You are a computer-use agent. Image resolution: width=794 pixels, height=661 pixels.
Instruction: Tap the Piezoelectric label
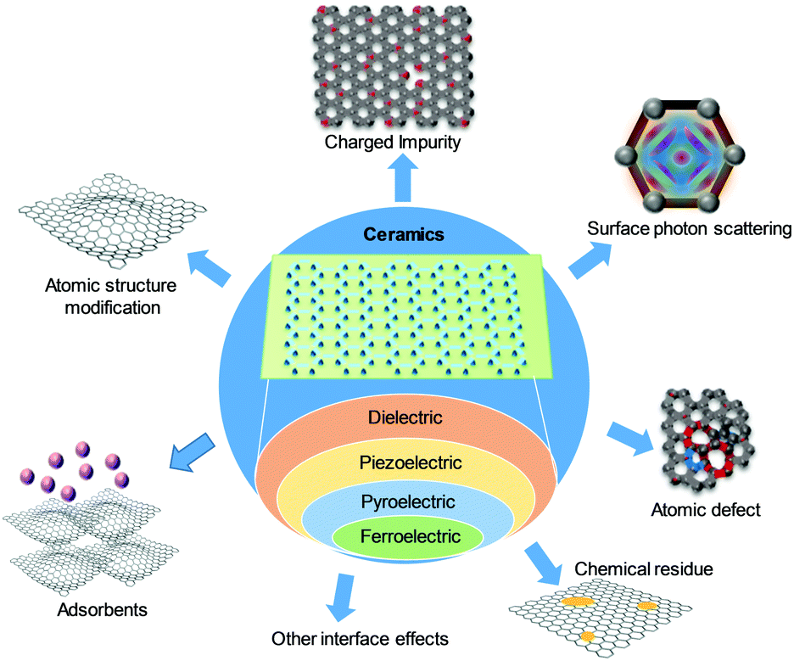411,463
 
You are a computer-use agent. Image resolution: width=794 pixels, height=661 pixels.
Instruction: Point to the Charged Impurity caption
393,142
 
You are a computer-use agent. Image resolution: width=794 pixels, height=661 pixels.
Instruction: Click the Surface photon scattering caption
689,229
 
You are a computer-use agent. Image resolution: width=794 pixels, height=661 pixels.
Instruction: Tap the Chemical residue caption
644,569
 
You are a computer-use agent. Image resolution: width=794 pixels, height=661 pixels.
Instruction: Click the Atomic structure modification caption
103,295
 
